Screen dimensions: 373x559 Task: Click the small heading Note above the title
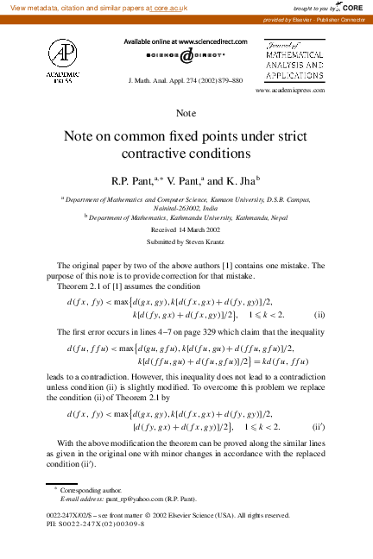[x=186, y=113]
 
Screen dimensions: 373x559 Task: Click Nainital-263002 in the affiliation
[x=171, y=208]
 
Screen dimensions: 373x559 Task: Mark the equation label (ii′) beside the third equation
[x=317, y=426]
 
